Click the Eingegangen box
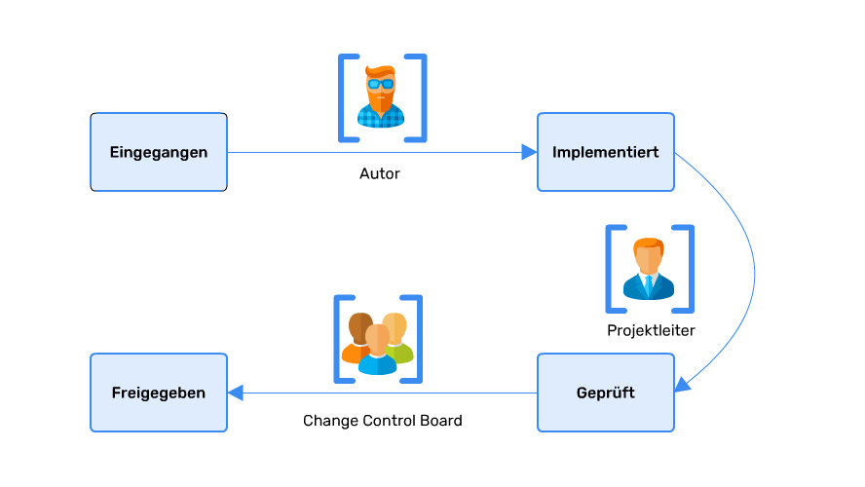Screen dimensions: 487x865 coord(159,152)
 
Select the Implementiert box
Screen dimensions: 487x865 coord(605,152)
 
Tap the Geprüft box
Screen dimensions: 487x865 coord(605,393)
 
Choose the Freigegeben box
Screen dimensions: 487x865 coord(159,393)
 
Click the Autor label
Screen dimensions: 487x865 coord(380,174)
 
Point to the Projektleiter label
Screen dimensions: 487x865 coord(651,330)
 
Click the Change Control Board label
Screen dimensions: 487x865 coord(383,421)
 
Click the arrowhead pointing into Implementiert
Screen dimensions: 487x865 coord(529,152)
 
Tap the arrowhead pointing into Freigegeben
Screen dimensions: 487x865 coord(236,393)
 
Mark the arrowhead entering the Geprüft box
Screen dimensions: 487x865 coord(683,386)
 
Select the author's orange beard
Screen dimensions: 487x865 coord(381,100)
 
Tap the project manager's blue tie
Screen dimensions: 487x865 coord(649,285)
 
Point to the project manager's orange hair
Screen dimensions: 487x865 coord(648,244)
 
